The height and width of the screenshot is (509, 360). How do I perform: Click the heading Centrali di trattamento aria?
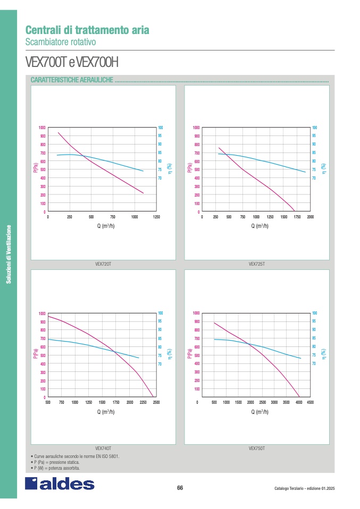coord(87,30)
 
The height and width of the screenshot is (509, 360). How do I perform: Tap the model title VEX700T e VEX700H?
coord(71,63)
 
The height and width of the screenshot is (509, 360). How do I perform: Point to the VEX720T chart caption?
coord(103,264)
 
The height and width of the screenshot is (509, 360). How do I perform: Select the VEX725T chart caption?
coord(257,264)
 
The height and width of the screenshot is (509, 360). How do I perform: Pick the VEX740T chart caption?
coord(103,448)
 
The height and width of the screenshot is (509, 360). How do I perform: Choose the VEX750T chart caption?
coord(257,448)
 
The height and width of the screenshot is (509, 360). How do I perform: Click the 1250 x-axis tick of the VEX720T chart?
coord(156,217)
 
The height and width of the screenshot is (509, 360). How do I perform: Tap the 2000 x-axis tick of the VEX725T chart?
coord(311,217)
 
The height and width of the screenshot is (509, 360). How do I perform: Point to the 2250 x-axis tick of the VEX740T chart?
coord(143,402)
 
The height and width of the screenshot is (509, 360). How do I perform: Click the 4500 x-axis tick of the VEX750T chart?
coord(311,402)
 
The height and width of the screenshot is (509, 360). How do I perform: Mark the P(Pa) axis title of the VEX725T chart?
coord(190,168)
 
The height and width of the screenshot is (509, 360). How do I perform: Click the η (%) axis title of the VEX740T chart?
coord(169,353)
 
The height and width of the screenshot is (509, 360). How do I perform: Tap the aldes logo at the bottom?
coord(60,484)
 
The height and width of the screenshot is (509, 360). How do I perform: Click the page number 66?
coord(180,488)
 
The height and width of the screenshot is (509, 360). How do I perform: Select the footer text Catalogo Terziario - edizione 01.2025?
coord(305,489)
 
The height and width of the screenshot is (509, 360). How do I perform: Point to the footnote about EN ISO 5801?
coord(75,456)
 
